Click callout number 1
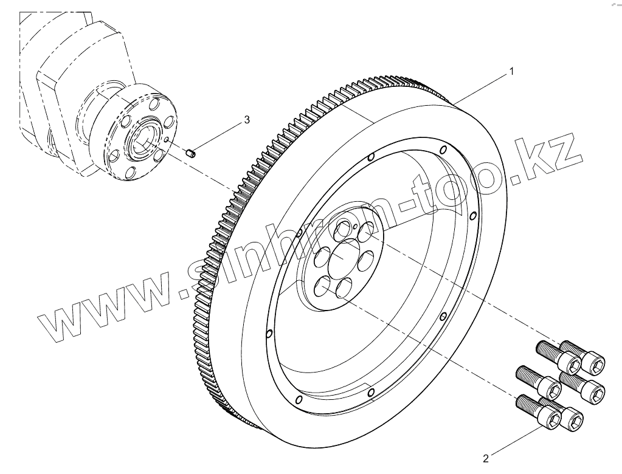[x=511, y=72]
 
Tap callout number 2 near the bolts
[x=485, y=457]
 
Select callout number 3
[x=246, y=120]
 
